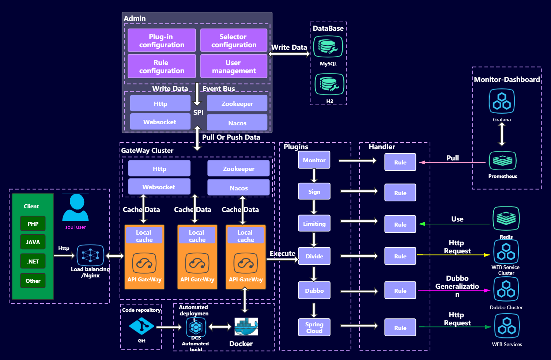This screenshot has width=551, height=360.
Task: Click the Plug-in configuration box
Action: coord(162,41)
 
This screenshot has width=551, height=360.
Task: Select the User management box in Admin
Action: coord(234,67)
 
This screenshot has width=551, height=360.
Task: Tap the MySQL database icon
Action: coord(328,47)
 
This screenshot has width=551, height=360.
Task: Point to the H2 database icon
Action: coord(329,84)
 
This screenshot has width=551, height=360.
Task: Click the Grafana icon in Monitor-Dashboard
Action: coord(502,101)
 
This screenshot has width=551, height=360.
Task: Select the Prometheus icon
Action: coord(502,160)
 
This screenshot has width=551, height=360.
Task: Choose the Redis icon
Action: coord(506,219)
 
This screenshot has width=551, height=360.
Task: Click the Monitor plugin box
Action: coord(314,160)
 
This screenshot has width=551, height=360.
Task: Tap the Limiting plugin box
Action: coord(314,224)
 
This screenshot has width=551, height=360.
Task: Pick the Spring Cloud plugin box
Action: coord(314,327)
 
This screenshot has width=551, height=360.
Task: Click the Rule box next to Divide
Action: coord(400,256)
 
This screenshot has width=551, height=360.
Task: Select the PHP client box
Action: coord(33,224)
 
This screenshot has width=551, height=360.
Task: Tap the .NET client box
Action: coord(33,261)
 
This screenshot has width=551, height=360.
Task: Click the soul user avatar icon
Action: coord(76,208)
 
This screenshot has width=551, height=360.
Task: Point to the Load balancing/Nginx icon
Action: coord(90,255)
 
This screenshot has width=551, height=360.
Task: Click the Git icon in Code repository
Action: coord(141,326)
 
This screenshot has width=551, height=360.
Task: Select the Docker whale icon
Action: coord(246,326)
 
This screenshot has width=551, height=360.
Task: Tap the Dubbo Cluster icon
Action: coord(506,289)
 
